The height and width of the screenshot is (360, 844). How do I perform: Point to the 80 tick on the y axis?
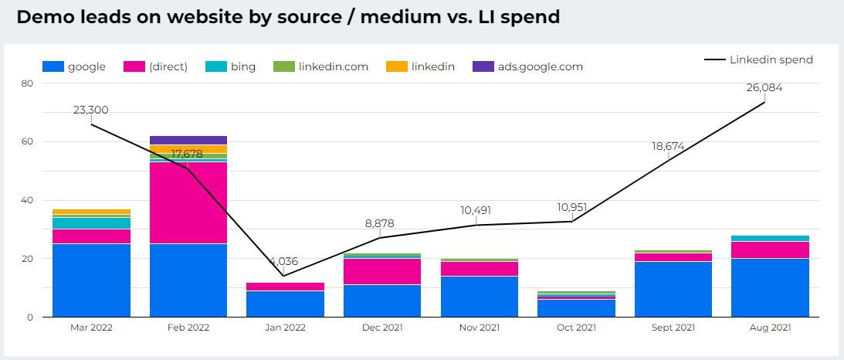[x=27, y=83]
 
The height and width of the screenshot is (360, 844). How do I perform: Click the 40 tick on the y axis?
[x=27, y=200]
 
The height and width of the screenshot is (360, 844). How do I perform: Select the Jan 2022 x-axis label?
[x=286, y=328]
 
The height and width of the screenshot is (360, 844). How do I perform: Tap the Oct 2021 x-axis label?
[x=576, y=328]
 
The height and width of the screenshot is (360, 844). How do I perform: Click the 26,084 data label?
[x=764, y=87]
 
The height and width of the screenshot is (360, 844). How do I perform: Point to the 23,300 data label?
[x=91, y=110]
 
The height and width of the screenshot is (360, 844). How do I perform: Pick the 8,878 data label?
[x=379, y=223]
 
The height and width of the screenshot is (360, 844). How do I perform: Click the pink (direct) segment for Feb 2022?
[x=188, y=202]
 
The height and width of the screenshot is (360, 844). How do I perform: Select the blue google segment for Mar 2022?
[x=91, y=280]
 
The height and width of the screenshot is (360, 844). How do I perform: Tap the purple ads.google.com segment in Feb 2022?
[x=188, y=140]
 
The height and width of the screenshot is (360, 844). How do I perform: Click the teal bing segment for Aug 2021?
[x=770, y=238]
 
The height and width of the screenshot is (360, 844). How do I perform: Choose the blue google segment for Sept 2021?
[x=673, y=289]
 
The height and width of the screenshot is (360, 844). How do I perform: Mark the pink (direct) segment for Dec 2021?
[x=382, y=271]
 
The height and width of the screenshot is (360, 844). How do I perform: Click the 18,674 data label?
[x=668, y=146]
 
